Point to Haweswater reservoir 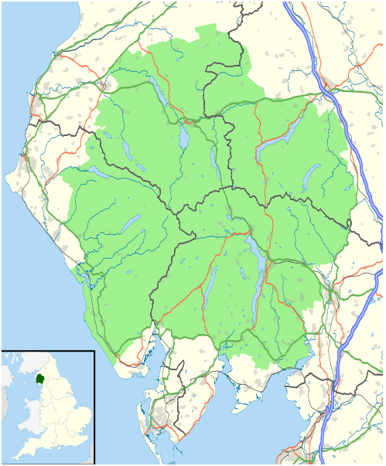click(312, 175)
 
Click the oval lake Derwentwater click(183, 138)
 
